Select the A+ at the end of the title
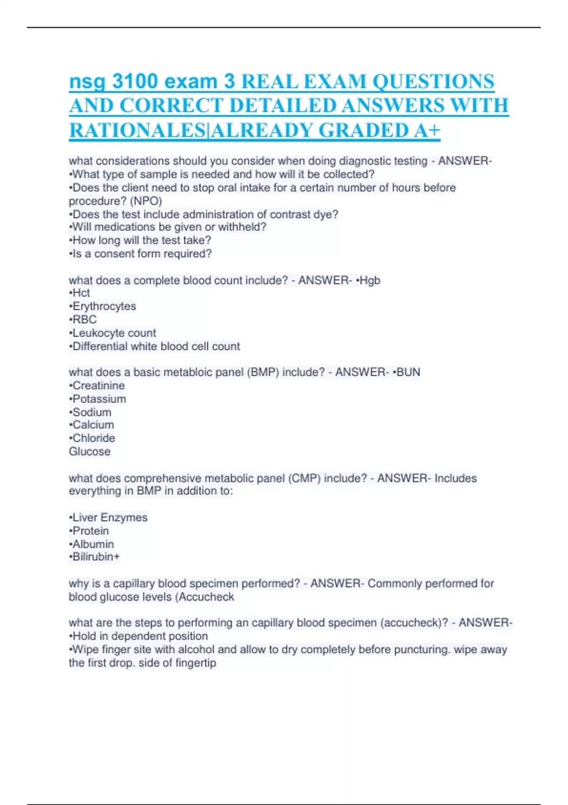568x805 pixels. (x=427, y=130)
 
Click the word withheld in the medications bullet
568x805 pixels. (x=241, y=227)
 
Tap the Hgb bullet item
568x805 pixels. (x=370, y=280)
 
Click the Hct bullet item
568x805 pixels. (x=81, y=293)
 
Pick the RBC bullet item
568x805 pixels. (x=84, y=320)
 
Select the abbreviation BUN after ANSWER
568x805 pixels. (x=408, y=372)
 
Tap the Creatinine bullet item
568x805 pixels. (x=98, y=385)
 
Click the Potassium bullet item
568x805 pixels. (x=99, y=399)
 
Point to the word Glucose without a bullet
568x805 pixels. (x=89, y=451)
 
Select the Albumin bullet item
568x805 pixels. (x=93, y=544)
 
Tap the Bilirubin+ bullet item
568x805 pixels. (x=96, y=557)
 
